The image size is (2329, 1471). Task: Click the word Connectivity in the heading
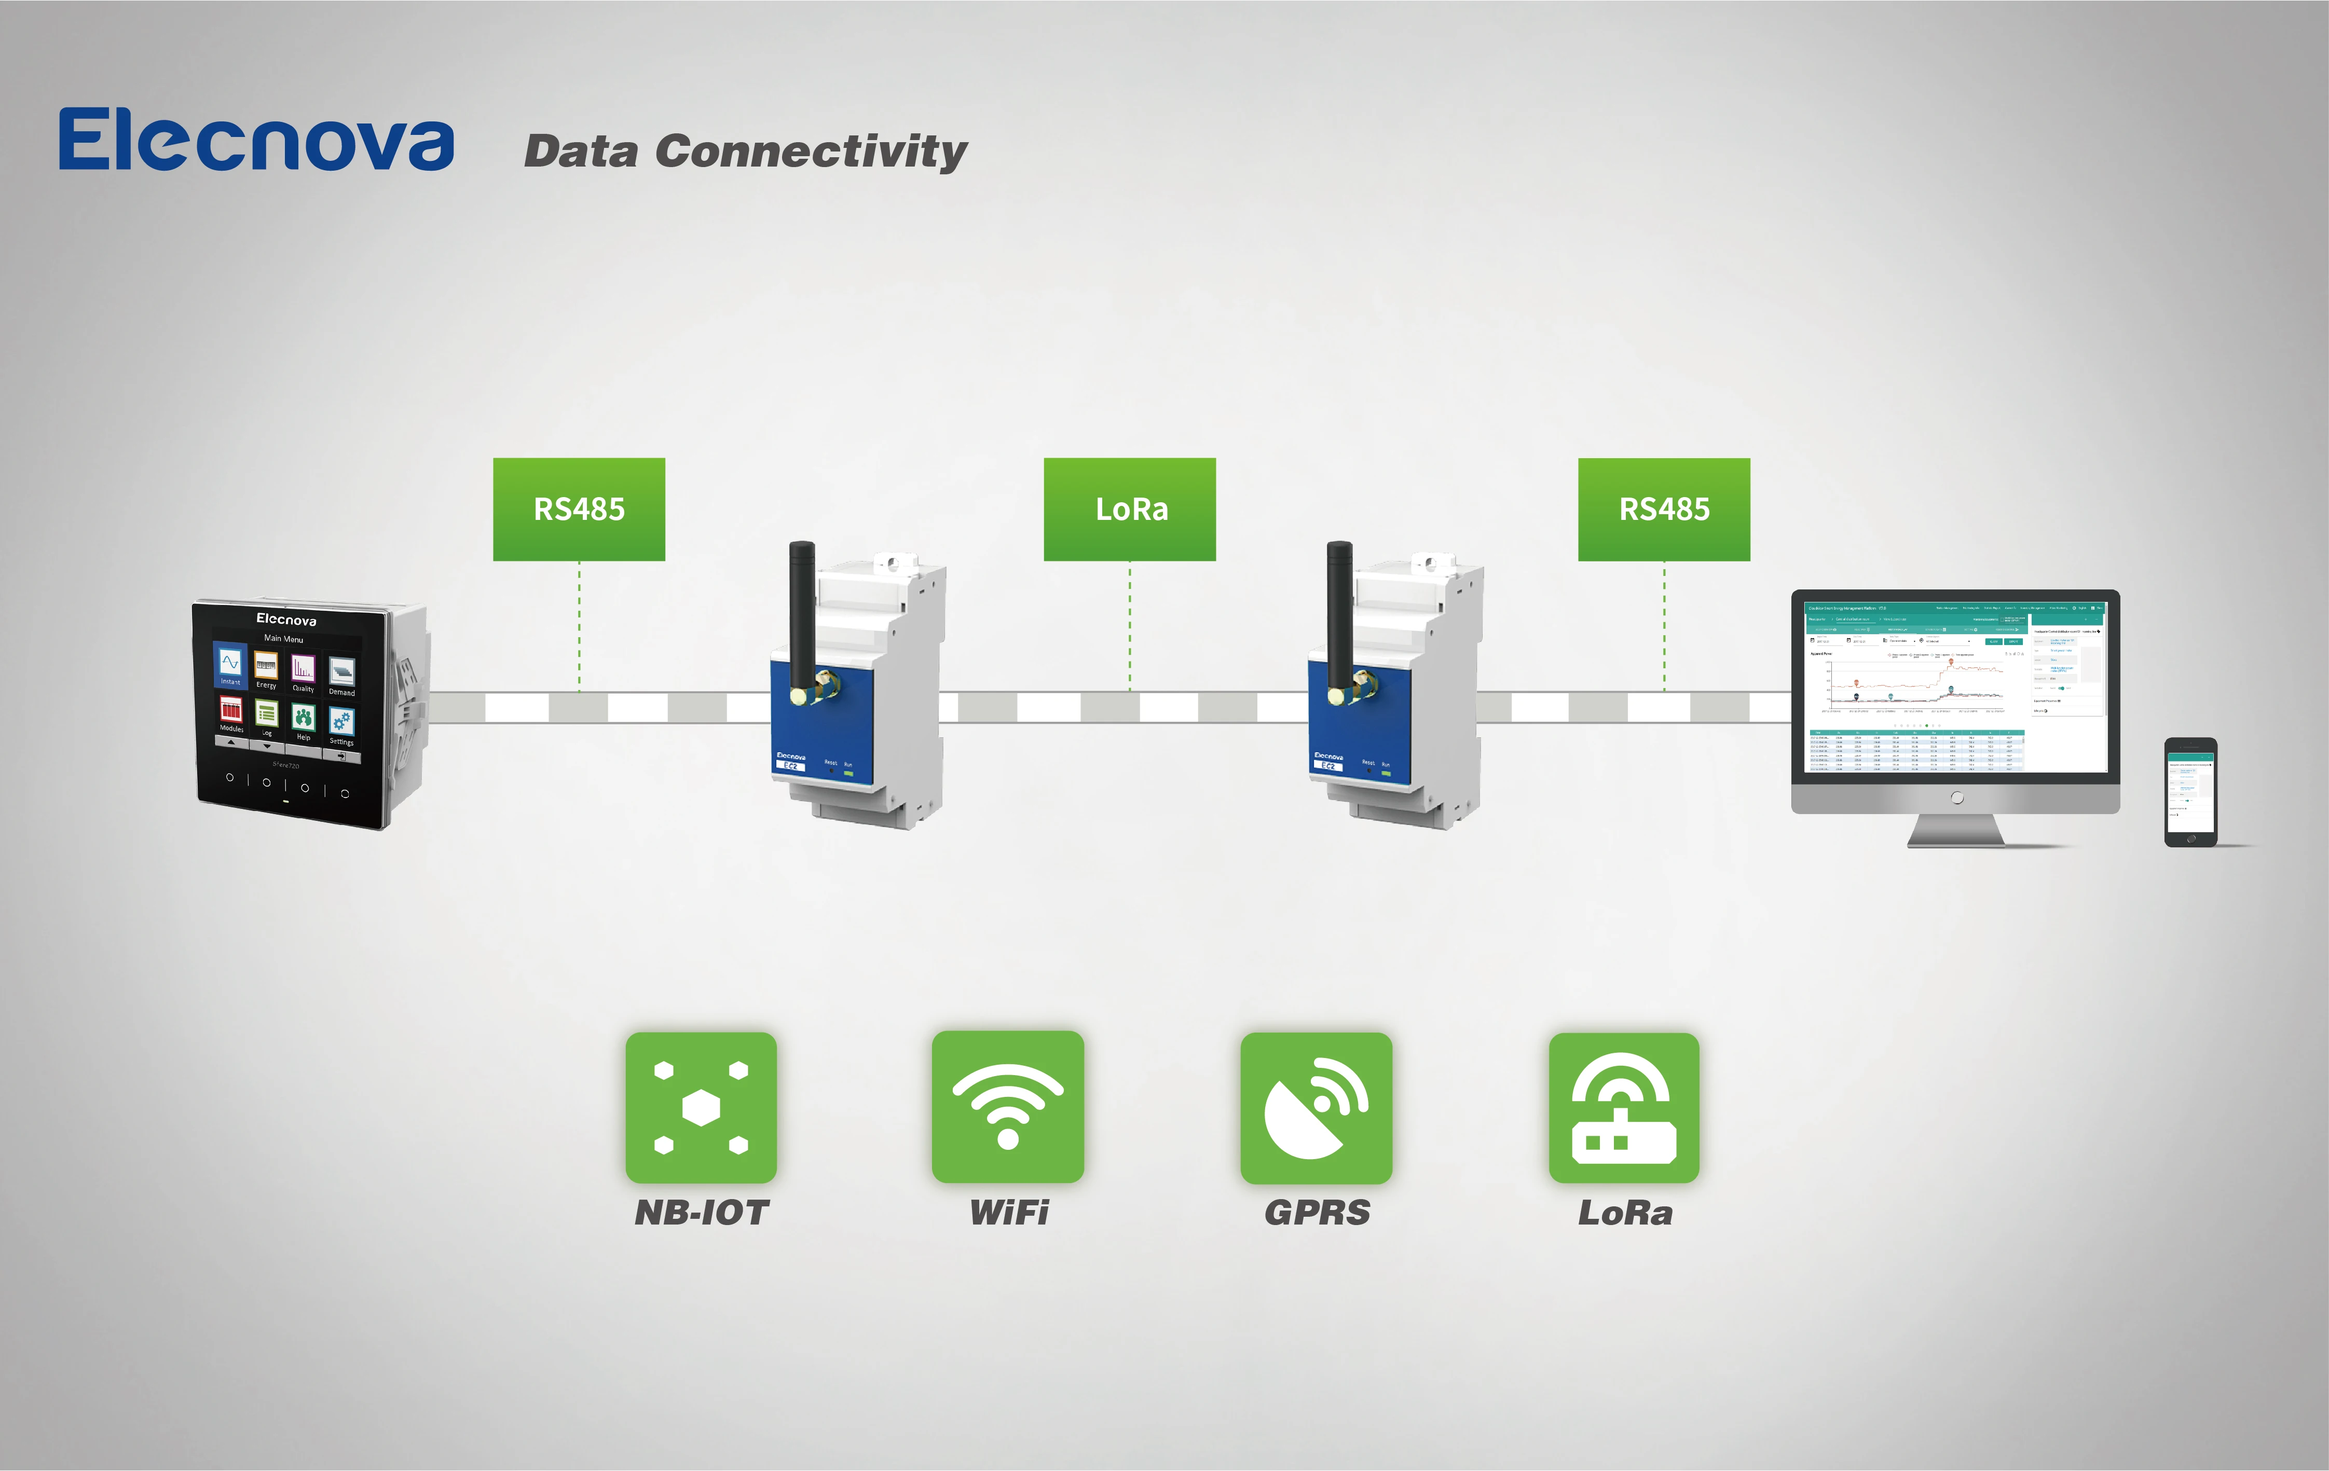811,152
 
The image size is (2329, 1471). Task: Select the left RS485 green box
579,508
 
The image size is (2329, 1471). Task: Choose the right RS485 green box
1664,508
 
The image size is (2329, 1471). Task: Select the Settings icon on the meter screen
341,724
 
